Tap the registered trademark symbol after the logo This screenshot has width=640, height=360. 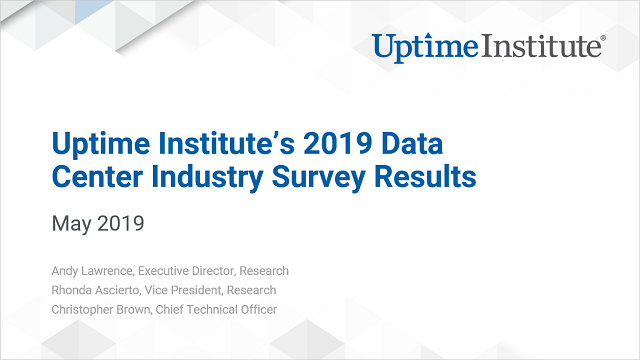click(x=601, y=39)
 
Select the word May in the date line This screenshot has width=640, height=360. click(x=71, y=223)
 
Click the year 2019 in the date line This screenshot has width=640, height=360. click(x=121, y=223)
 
